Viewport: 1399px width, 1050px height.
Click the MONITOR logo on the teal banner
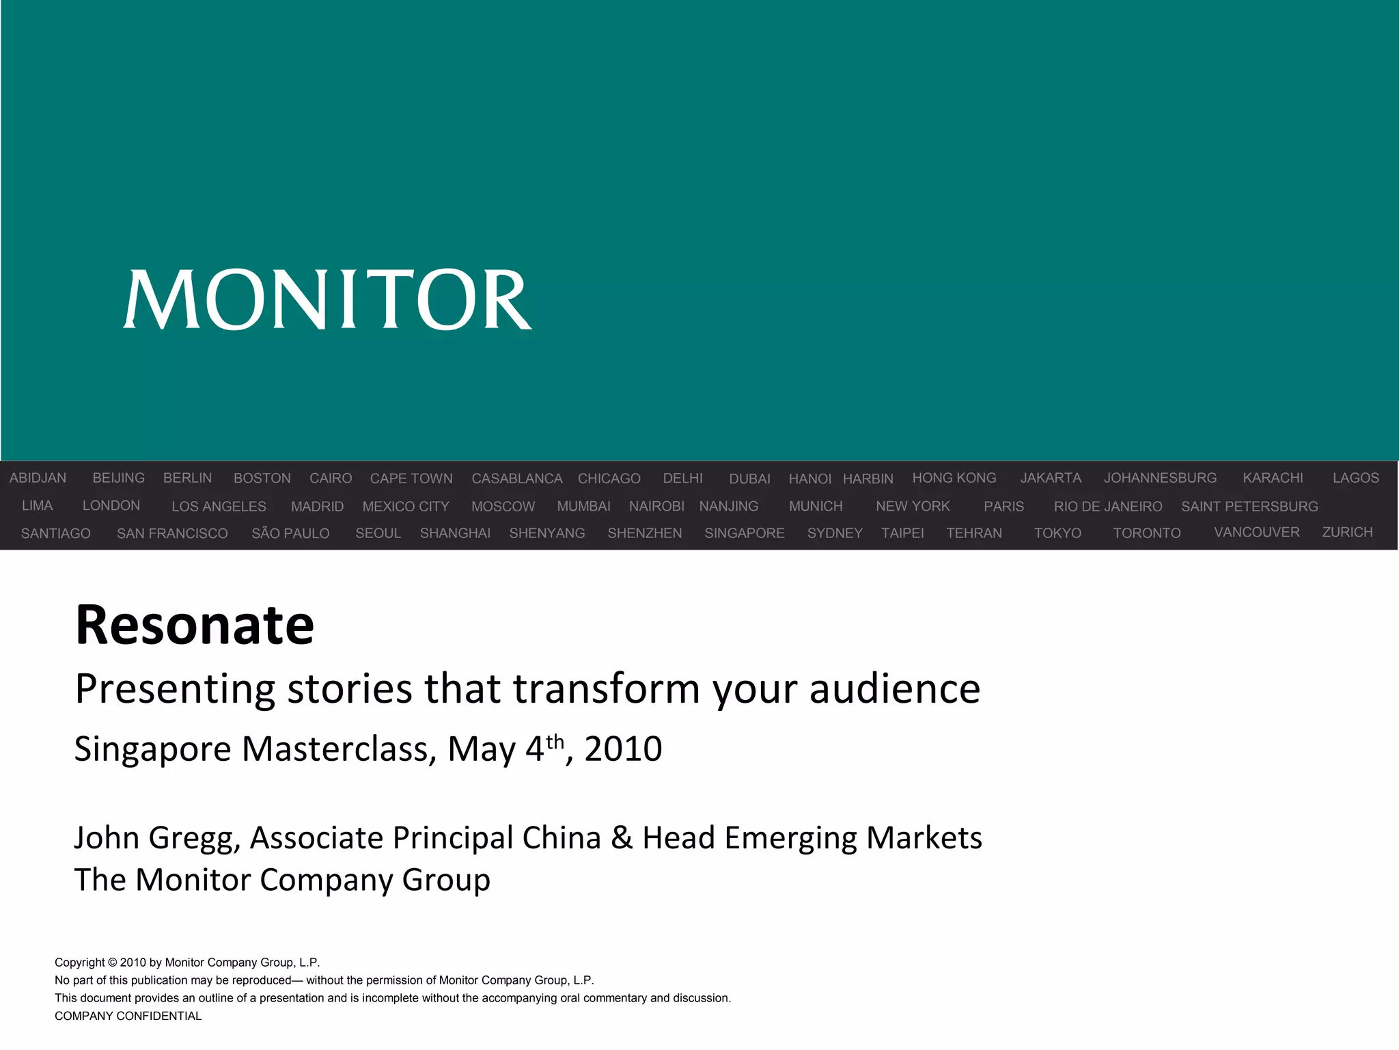click(x=327, y=299)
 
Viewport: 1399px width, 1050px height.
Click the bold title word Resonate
click(x=195, y=625)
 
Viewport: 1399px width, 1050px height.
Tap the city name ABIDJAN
click(x=38, y=478)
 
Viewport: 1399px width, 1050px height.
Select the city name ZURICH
click(x=1347, y=532)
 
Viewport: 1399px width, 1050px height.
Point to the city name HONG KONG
click(x=954, y=478)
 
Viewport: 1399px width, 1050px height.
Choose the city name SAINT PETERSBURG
click(x=1249, y=507)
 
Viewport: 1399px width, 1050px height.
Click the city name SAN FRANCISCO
click(x=172, y=533)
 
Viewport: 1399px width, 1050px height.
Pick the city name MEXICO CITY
click(x=406, y=507)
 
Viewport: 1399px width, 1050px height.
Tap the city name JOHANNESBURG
click(x=1160, y=478)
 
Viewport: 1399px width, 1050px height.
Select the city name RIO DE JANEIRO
click(x=1107, y=507)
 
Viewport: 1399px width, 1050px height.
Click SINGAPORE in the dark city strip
click(x=744, y=533)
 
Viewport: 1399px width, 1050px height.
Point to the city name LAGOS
click(x=1355, y=478)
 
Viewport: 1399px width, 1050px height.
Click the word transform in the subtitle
click(x=607, y=688)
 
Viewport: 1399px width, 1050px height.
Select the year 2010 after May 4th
click(x=623, y=749)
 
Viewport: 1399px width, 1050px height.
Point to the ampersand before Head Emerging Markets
click(x=621, y=838)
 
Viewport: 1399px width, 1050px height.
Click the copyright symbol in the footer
click(x=112, y=962)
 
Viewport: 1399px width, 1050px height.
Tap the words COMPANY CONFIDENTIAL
click(x=128, y=1016)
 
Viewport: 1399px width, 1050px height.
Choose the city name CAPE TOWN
click(x=411, y=479)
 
